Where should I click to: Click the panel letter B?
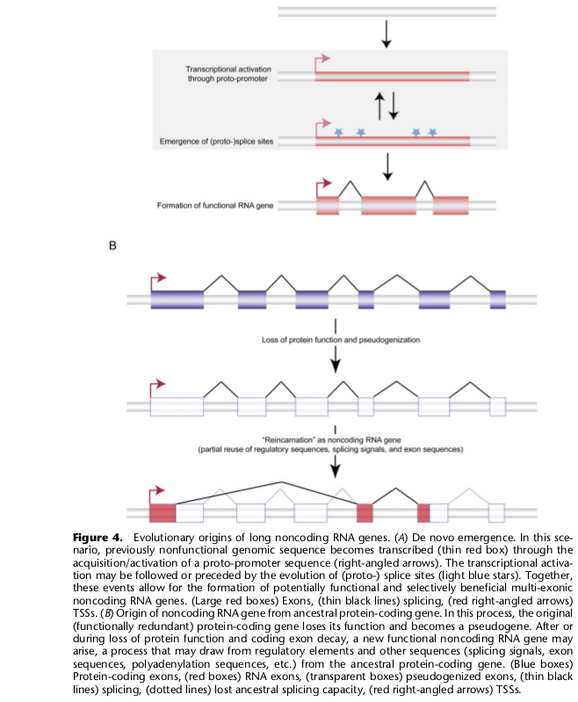[x=112, y=245]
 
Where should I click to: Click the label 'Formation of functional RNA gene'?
[x=215, y=206]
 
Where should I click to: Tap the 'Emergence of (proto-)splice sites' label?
[x=216, y=141]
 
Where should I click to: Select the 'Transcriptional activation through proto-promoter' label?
[x=228, y=74]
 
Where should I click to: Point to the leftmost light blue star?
[x=338, y=132]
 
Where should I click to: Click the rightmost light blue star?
[x=432, y=132]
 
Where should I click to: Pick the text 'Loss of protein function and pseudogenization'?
[x=341, y=340]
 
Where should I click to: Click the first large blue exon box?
[x=177, y=300]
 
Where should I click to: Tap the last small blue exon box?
[x=498, y=300]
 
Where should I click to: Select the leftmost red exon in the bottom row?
[x=163, y=513]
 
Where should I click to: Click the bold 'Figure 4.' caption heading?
[x=98, y=537]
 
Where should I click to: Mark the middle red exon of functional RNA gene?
[x=388, y=206]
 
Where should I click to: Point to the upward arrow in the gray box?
[x=379, y=106]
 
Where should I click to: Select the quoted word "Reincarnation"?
[x=288, y=440]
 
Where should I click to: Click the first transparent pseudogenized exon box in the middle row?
[x=177, y=407]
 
